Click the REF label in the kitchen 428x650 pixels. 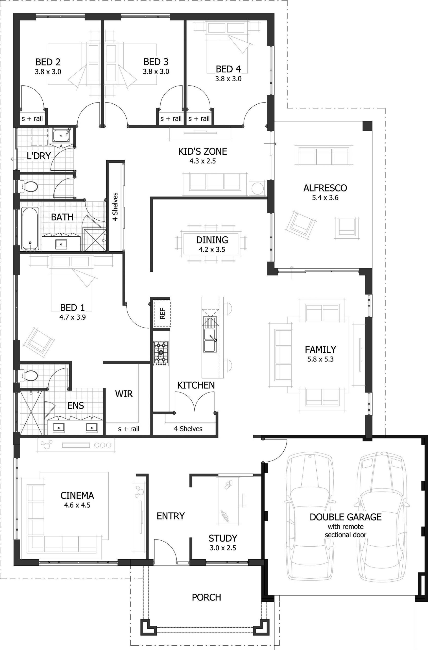(x=163, y=314)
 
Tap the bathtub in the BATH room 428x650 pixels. (x=30, y=229)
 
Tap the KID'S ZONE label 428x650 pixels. (x=202, y=151)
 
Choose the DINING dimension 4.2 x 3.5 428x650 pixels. (x=212, y=249)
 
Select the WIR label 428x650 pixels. (x=124, y=394)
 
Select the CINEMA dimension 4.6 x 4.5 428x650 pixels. (x=77, y=505)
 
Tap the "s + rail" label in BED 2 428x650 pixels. (x=32, y=119)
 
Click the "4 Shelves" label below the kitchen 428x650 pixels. (x=188, y=429)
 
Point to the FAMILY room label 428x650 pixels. (x=320, y=349)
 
